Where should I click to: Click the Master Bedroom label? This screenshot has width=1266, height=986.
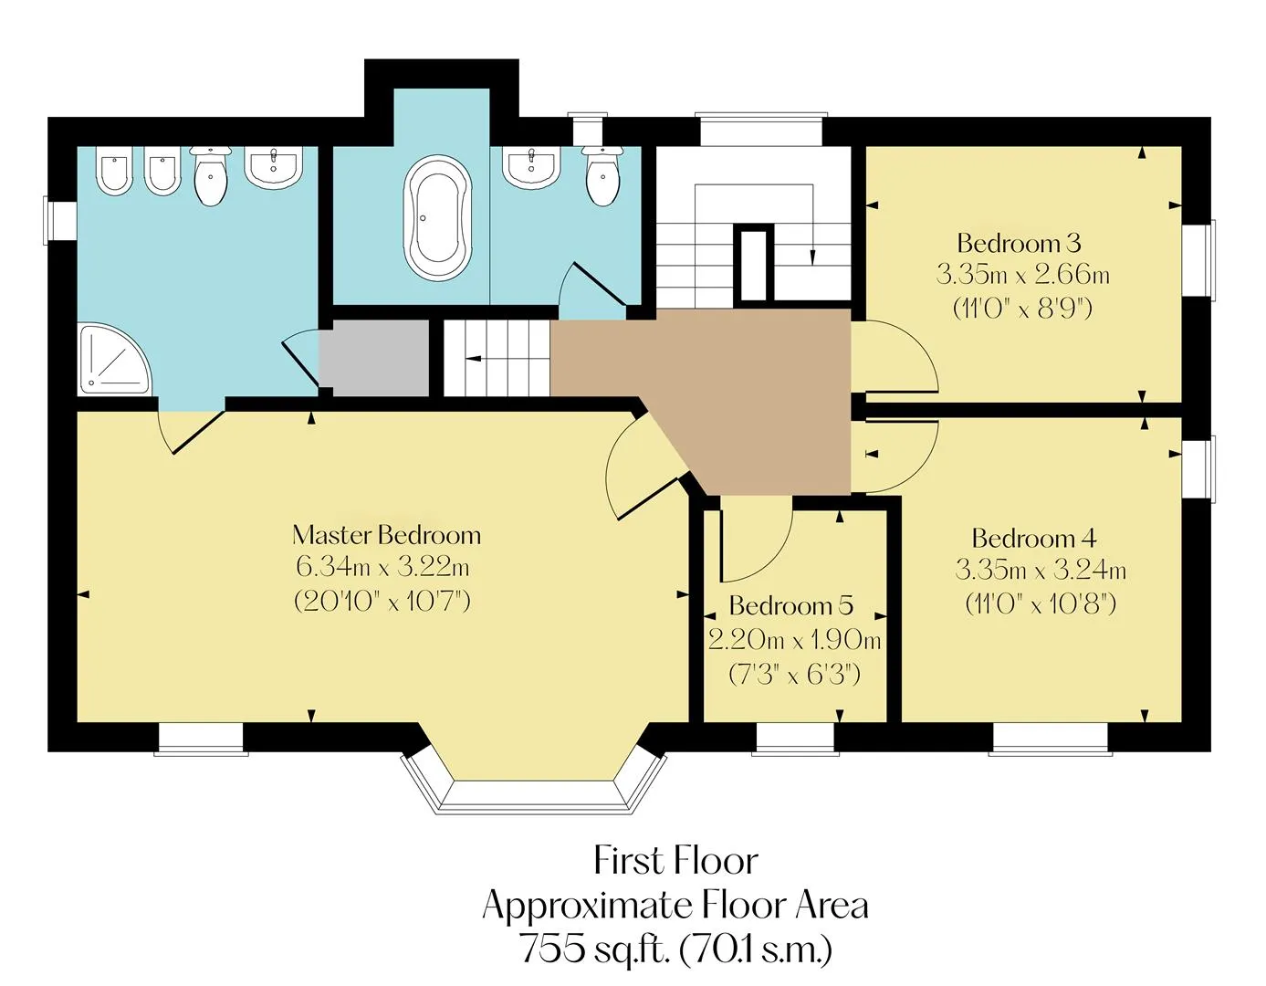tap(387, 536)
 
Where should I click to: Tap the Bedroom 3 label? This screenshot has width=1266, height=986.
tap(1019, 243)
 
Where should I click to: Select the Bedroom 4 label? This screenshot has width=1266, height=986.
tap(1034, 538)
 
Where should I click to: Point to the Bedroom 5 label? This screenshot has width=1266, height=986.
tap(791, 605)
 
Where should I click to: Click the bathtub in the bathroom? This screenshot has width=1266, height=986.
tap(439, 216)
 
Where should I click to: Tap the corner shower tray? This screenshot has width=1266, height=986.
tap(114, 361)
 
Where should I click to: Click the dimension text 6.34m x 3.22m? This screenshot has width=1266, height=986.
tap(382, 566)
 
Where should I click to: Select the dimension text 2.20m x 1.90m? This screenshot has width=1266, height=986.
tap(794, 640)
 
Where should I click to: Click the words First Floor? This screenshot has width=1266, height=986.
tap(675, 861)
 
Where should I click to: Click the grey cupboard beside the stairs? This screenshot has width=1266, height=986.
tap(373, 358)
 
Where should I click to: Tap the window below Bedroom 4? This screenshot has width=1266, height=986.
tap(1050, 739)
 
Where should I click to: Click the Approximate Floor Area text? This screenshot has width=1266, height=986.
tap(675, 905)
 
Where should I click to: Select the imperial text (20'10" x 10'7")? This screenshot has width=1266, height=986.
tap(382, 601)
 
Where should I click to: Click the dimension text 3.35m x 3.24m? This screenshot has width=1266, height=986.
tap(1041, 570)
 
